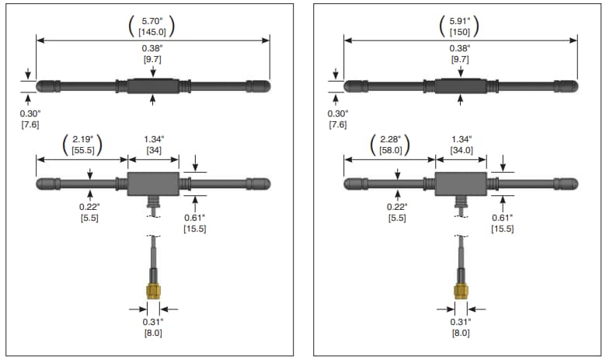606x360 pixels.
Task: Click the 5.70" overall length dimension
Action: (151, 20)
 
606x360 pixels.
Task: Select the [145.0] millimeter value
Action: (151, 31)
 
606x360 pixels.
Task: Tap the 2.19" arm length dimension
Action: (82, 139)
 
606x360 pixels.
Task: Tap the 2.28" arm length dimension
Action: (390, 139)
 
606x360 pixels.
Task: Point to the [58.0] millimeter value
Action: (390, 150)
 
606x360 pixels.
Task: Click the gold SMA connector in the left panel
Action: (153, 291)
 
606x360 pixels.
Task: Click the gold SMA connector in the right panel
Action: (461, 291)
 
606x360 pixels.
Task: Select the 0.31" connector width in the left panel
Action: (152, 323)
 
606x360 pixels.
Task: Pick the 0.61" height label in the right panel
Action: (502, 218)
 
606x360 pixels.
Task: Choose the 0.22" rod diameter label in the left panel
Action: (89, 206)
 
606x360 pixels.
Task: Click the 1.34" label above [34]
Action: (153, 139)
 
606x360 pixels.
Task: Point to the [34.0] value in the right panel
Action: (461, 150)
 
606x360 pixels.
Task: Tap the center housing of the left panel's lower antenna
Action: (153, 184)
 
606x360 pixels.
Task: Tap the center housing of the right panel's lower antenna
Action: (461, 184)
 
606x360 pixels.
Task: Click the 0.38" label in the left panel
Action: (153, 47)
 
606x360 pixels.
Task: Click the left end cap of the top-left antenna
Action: (47, 86)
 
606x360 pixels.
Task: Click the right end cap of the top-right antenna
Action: (566, 86)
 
